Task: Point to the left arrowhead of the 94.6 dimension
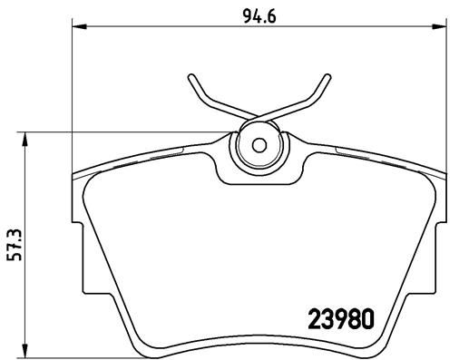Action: pyautogui.click(x=77, y=28)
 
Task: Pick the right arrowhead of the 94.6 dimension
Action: pyautogui.click(x=440, y=28)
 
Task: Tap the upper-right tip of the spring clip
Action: pyautogui.click(x=324, y=74)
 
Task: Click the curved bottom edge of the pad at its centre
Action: pyautogui.click(x=258, y=336)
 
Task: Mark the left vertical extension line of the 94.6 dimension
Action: pyautogui.click(x=71, y=91)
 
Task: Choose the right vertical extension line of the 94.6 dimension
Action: pyautogui.click(x=446, y=91)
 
